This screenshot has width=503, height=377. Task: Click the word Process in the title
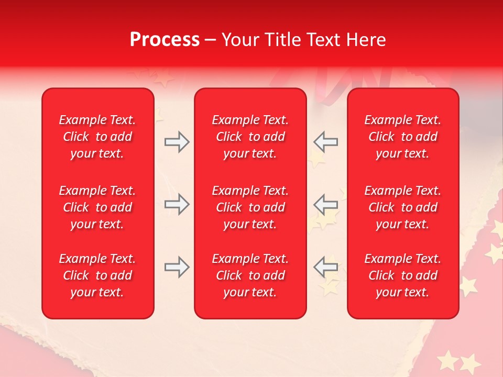pos(165,40)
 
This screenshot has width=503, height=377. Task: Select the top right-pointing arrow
pos(177,142)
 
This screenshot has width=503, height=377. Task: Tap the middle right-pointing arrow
pos(177,205)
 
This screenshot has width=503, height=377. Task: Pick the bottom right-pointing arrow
pos(177,268)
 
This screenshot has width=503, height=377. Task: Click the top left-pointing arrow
pos(326,142)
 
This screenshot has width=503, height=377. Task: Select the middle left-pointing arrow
pos(326,205)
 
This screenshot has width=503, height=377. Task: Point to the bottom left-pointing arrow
pos(326,268)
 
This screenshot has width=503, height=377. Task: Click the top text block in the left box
pos(97,137)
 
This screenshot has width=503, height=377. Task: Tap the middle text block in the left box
pos(97,207)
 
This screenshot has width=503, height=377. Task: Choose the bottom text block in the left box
pos(97,275)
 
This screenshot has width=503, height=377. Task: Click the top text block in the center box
pos(250,137)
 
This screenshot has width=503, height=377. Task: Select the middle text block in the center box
pos(250,207)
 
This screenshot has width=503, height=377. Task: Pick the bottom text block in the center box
pos(250,275)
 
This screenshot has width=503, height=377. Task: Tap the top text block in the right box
pos(402,137)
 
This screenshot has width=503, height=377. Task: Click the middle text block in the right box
pos(402,207)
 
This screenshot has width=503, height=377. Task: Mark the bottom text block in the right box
pos(402,275)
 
